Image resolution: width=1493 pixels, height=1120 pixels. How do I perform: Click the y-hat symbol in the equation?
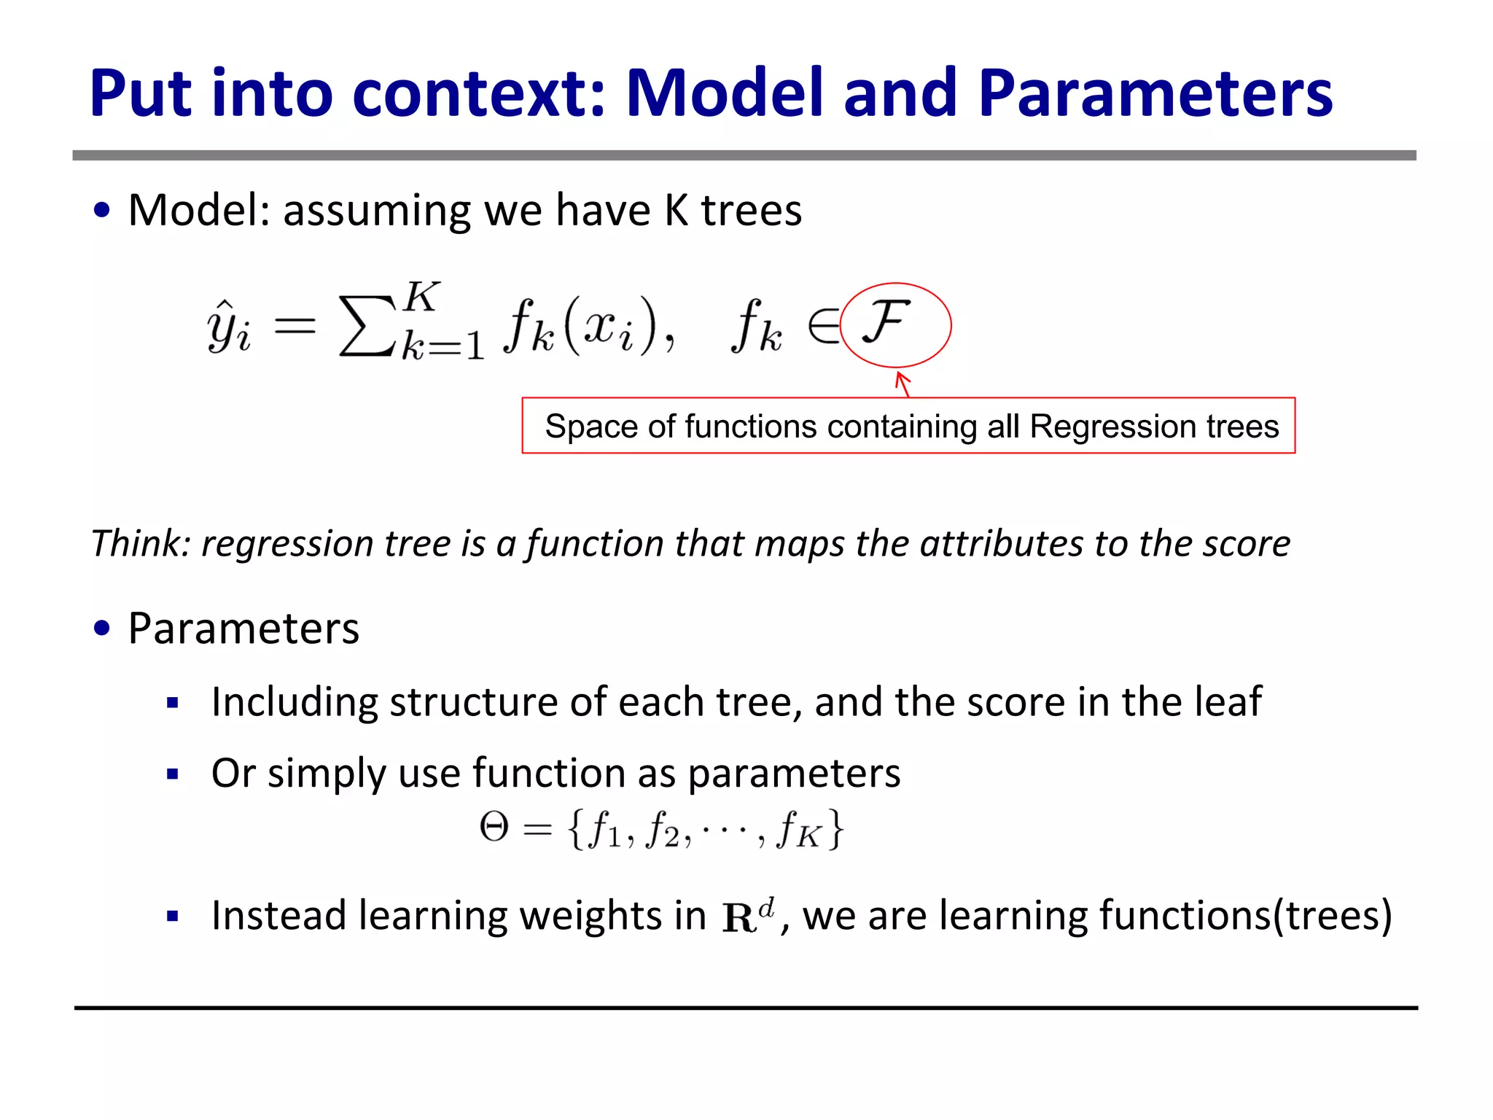(x=228, y=328)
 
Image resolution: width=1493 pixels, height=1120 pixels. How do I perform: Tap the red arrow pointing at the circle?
(x=903, y=384)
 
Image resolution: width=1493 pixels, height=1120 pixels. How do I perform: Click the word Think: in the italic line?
(x=141, y=544)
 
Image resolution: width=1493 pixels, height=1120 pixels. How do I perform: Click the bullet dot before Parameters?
(x=102, y=628)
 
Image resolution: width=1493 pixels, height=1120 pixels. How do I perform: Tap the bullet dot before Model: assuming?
(x=102, y=210)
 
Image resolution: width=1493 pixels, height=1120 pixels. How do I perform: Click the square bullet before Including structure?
(x=173, y=704)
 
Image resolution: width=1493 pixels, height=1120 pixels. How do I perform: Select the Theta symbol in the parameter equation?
(x=494, y=828)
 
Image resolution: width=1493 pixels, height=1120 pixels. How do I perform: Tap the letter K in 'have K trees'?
(x=676, y=211)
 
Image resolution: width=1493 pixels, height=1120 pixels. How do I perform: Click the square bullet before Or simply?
(x=173, y=774)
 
